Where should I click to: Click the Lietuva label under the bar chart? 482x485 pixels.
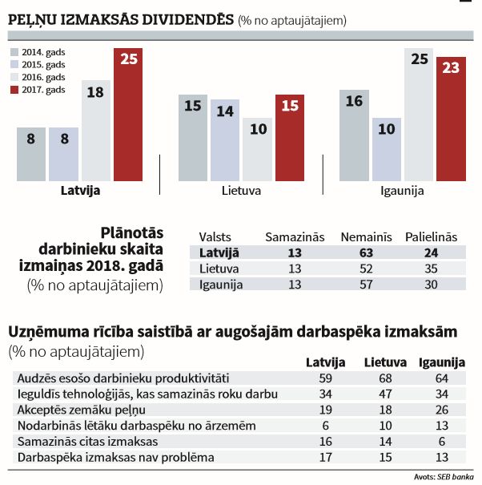click(x=242, y=192)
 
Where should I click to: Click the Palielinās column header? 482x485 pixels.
click(x=431, y=236)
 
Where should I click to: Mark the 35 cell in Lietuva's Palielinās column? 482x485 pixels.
click(x=431, y=269)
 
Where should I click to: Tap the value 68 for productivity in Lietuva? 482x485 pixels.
click(x=385, y=378)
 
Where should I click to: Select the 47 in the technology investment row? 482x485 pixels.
click(x=385, y=394)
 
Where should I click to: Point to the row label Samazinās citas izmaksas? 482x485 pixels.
click(x=75, y=442)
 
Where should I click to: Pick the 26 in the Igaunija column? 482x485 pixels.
click(x=443, y=410)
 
